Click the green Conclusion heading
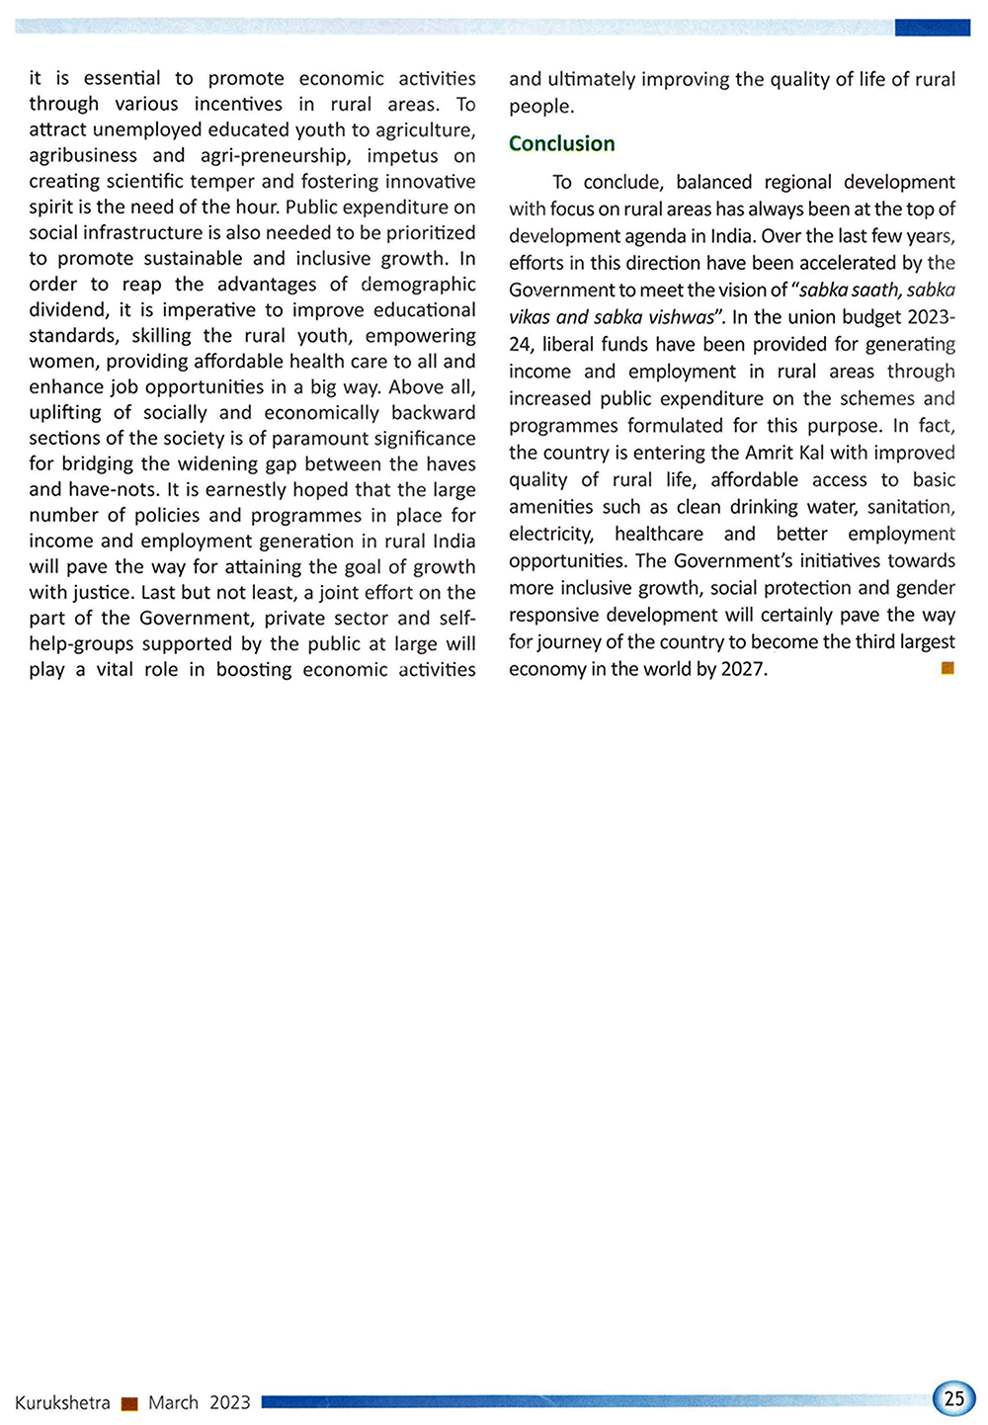point(561,143)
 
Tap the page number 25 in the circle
point(953,1398)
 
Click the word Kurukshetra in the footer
point(62,1402)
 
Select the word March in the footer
point(173,1402)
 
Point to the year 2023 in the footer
point(230,1402)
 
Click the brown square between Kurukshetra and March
point(129,1403)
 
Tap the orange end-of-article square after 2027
point(947,669)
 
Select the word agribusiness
point(83,155)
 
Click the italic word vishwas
point(680,317)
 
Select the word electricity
point(551,534)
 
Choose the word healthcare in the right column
point(659,534)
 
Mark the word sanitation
point(910,507)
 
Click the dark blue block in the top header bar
point(932,28)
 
